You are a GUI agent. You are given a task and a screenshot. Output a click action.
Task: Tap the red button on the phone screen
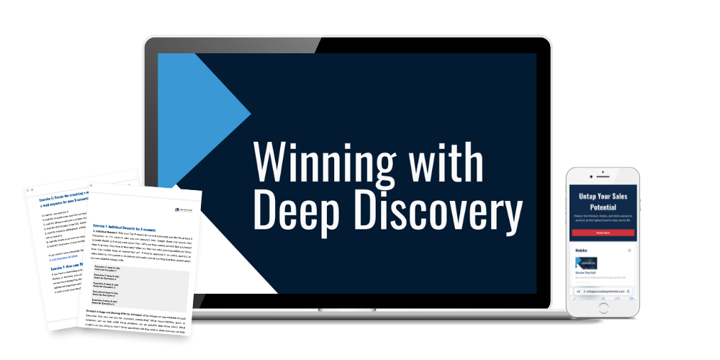pos(603,233)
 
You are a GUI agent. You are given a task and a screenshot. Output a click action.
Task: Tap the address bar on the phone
pos(603,292)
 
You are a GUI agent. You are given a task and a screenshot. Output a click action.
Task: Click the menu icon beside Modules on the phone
pos(630,251)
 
